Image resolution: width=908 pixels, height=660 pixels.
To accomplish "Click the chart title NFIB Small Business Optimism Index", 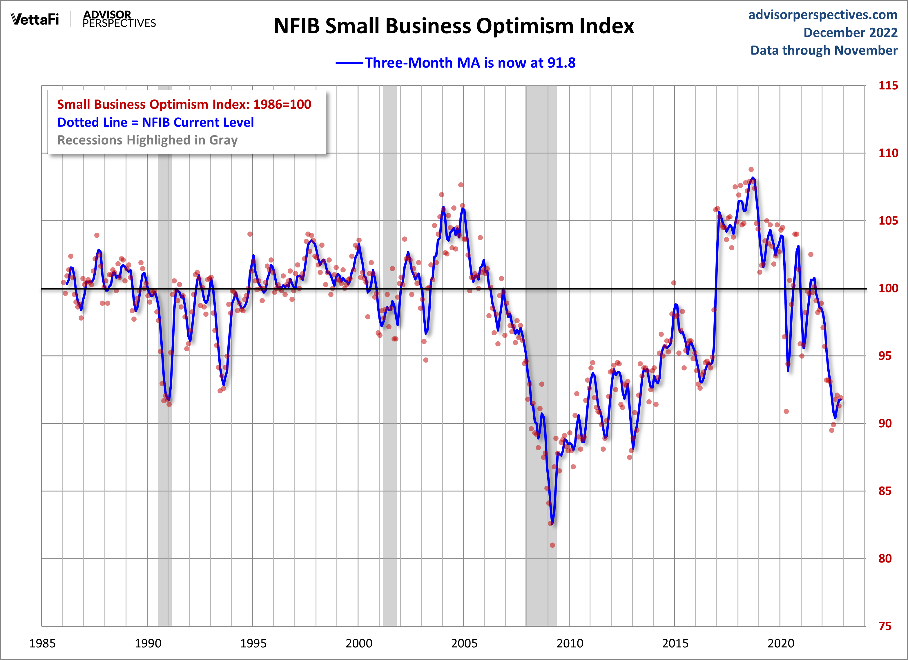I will (x=454, y=26).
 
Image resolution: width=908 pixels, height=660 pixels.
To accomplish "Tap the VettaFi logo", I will (x=35, y=19).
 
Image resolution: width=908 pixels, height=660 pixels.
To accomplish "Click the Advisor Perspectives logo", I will (x=119, y=19).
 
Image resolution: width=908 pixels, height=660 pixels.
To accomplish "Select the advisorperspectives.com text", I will (x=823, y=15).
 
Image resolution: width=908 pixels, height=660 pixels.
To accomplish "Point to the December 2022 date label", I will (x=850, y=32).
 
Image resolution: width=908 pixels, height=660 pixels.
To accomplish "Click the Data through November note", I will (x=824, y=50).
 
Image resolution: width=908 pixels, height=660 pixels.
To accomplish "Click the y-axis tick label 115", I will (x=888, y=85).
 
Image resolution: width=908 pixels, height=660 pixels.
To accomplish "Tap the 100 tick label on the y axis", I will (x=888, y=288).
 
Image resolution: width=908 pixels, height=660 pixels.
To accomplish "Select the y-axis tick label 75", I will (x=885, y=626).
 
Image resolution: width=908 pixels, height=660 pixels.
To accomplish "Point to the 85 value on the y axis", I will (x=885, y=491).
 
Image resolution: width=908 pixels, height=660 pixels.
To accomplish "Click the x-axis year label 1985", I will (x=42, y=643).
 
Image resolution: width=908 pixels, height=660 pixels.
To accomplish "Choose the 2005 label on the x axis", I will (x=464, y=643).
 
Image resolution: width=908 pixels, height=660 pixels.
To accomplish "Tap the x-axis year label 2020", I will (x=780, y=643).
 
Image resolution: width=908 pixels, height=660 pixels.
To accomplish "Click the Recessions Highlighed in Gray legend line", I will (x=147, y=140).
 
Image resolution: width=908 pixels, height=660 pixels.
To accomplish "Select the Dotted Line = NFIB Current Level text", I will (x=155, y=122).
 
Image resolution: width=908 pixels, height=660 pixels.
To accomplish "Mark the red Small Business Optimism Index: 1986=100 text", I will (x=184, y=104).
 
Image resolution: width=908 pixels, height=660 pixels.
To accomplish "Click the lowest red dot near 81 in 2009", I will (x=552, y=545).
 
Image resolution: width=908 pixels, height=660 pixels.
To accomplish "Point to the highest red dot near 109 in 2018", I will (x=751, y=169).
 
